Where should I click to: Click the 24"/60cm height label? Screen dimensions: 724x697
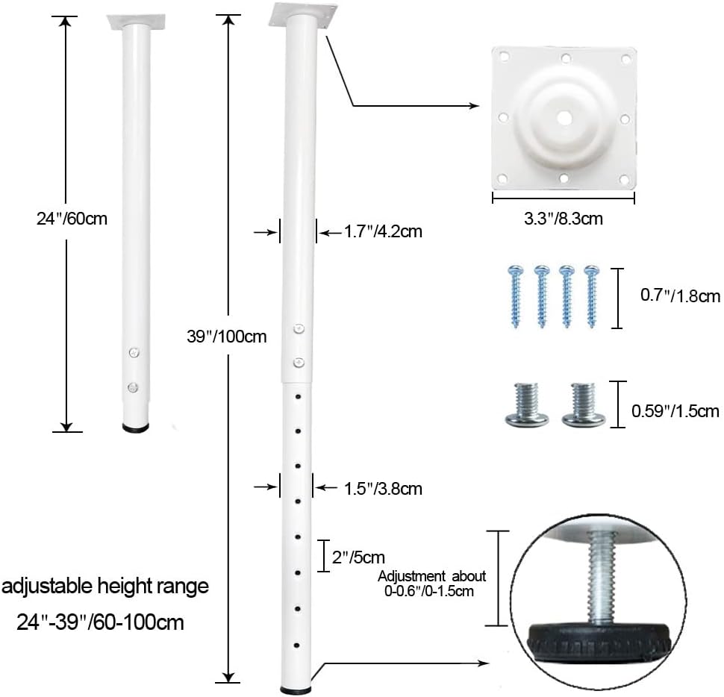[x=72, y=219]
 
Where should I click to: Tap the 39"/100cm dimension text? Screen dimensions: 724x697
[x=227, y=337]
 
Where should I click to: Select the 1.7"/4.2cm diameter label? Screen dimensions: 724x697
[x=383, y=231]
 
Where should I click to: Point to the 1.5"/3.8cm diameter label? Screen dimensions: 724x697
[x=383, y=489]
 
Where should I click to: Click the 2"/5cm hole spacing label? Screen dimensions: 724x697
[x=358, y=557]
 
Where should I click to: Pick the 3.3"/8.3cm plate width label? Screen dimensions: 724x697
[x=564, y=219]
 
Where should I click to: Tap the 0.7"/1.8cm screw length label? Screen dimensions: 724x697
[x=680, y=296]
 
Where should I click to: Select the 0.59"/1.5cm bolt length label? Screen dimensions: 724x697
[x=675, y=411]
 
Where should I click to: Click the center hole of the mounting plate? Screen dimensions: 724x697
[x=564, y=119]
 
